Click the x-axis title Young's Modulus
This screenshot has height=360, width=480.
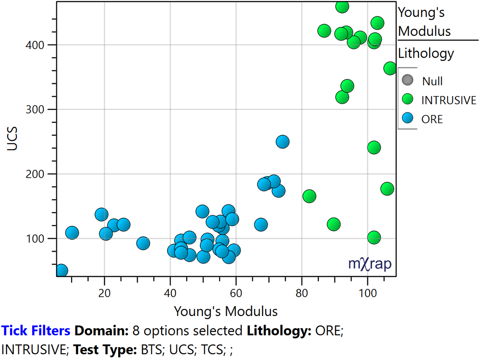(x=226, y=311)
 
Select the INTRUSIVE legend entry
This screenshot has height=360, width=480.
(x=448, y=100)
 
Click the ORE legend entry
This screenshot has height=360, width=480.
(x=432, y=119)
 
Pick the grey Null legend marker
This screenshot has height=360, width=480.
(x=408, y=80)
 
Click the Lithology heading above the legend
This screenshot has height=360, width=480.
(x=426, y=53)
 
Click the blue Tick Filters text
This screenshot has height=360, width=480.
(x=36, y=330)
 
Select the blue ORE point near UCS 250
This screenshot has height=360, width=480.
(x=282, y=142)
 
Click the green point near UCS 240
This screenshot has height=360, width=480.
(x=374, y=148)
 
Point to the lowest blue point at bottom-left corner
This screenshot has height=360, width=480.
(x=61, y=271)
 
